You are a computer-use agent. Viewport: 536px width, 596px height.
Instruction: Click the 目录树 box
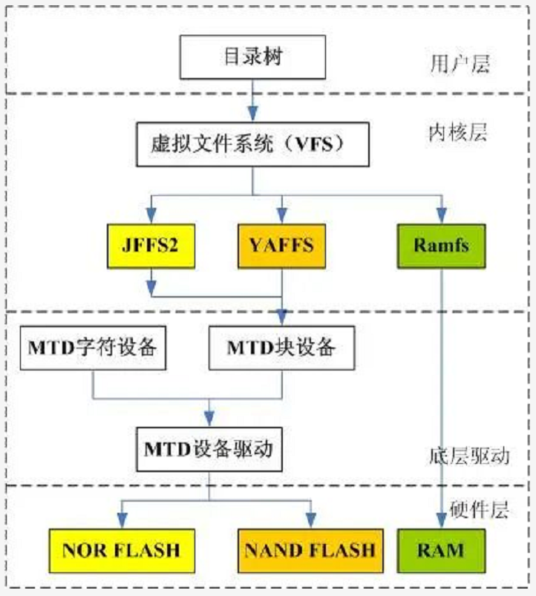[252, 57]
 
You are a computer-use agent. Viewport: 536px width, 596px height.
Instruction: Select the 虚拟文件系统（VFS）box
[252, 143]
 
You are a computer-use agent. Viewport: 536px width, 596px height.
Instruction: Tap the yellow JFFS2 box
[151, 246]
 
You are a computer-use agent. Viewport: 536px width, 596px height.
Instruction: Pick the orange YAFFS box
[281, 246]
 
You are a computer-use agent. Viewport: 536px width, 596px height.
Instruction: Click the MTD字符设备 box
[93, 347]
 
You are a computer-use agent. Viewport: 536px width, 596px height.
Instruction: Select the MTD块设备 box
[281, 347]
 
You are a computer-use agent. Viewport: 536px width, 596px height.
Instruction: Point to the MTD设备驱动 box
[209, 448]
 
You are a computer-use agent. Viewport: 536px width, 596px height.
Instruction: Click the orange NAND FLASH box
[310, 550]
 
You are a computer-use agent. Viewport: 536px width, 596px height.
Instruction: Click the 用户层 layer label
[460, 64]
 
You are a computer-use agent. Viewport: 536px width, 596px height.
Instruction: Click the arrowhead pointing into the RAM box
[442, 523]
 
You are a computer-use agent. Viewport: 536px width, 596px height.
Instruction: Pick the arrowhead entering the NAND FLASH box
[310, 523]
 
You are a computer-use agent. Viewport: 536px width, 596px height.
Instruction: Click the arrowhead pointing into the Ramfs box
[442, 217]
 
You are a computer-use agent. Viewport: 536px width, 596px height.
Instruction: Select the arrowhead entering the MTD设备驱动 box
[209, 420]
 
